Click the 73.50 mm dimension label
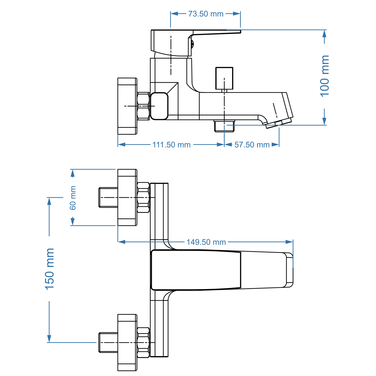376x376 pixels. (x=206, y=14)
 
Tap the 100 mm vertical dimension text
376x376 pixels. (x=325, y=76)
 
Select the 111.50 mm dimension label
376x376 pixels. (x=171, y=145)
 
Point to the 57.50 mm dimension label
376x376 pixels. (x=252, y=145)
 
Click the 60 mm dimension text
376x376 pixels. (x=73, y=198)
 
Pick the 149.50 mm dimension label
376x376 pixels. (x=206, y=242)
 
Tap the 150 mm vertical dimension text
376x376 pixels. (x=49, y=269)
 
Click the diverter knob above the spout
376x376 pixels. (x=224, y=78)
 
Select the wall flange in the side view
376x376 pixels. (x=127, y=106)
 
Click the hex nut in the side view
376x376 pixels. (x=143, y=106)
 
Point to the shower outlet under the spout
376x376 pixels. (x=224, y=126)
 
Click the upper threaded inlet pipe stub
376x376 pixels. (x=108, y=197)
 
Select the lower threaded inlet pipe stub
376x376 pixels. (x=108, y=342)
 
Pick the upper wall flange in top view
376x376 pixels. (x=127, y=197)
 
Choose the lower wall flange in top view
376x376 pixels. (x=127, y=342)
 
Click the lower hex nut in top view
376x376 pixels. (x=143, y=342)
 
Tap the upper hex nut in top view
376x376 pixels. (x=143, y=197)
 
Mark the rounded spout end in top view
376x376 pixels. (x=289, y=270)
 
